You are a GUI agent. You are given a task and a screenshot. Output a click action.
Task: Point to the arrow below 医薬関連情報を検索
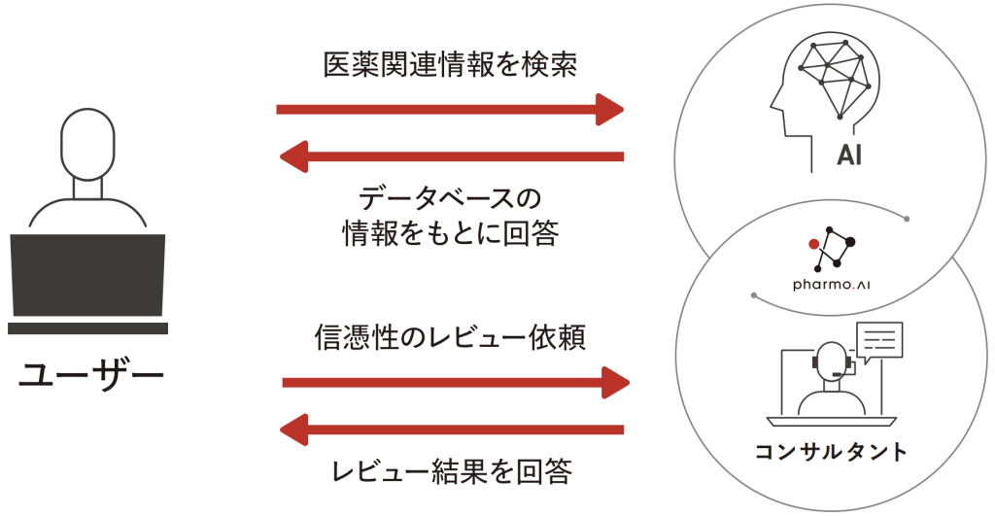[449, 109]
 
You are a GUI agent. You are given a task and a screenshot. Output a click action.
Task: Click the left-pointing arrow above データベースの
[451, 155]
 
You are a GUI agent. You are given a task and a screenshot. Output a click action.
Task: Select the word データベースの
[449, 199]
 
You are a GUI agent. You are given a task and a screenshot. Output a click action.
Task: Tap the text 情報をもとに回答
[450, 234]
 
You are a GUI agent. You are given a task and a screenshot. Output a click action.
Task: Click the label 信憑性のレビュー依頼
[449, 337]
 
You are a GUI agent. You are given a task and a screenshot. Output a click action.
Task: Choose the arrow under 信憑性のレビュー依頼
[456, 382]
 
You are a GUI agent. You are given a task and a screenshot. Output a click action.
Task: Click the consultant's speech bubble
[878, 341]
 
